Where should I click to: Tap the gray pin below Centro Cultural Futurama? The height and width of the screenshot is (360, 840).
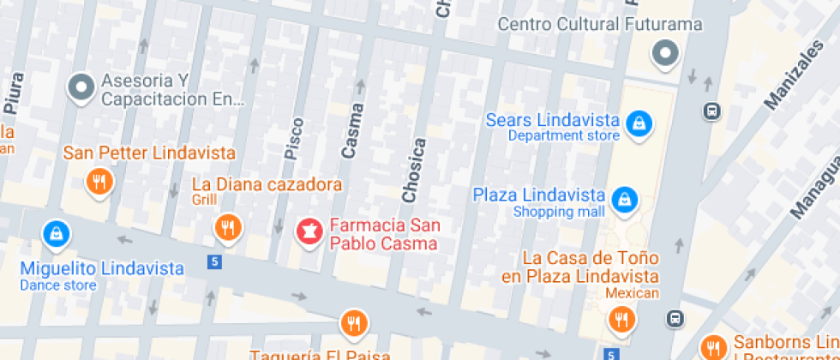[x=664, y=55]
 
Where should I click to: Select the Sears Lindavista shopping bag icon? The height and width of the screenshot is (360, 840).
[x=639, y=125]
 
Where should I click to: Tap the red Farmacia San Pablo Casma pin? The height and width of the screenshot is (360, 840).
[x=308, y=231]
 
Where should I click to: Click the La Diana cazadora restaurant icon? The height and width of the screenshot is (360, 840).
[x=227, y=227]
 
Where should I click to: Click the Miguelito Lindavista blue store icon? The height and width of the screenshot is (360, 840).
[x=57, y=232]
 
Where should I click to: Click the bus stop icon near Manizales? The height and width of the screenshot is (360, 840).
[x=711, y=111]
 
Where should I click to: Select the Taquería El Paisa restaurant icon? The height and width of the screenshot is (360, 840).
[x=352, y=322]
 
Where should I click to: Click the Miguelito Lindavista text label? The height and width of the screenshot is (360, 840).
[x=102, y=268]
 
